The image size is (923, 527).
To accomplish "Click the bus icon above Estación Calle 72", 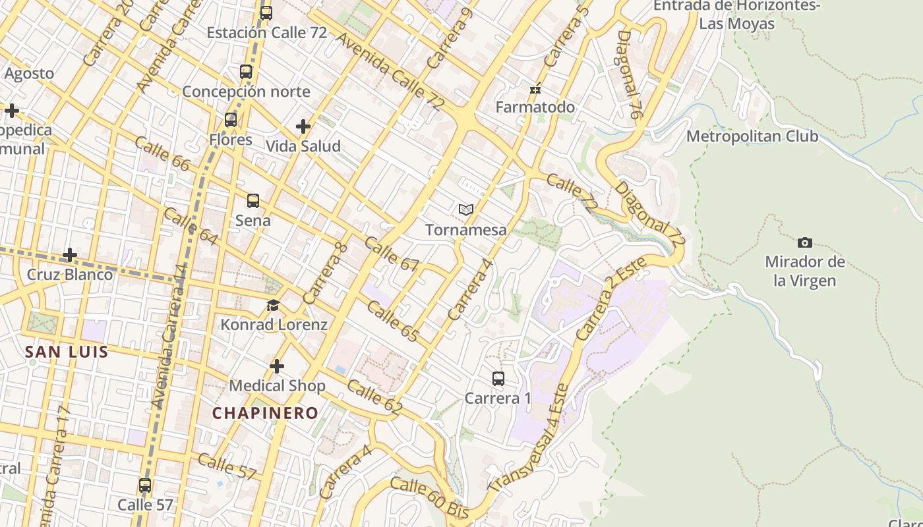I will pyautogui.click(x=266, y=13).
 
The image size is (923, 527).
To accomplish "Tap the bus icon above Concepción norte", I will pyautogui.click(x=246, y=72).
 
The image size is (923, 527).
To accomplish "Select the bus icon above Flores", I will pyautogui.click(x=231, y=120).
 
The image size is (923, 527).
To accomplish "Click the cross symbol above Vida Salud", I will pyautogui.click(x=303, y=126).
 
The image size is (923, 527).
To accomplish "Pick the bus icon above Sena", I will pyautogui.click(x=253, y=201).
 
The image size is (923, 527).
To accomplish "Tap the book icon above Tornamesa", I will pyautogui.click(x=466, y=210).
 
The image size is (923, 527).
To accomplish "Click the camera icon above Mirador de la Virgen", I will pyautogui.click(x=804, y=242).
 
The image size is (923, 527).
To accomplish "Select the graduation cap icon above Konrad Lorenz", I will pyautogui.click(x=274, y=305).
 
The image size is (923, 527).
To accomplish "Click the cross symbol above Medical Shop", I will pyautogui.click(x=277, y=366).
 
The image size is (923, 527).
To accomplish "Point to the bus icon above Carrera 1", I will pyautogui.click(x=498, y=379).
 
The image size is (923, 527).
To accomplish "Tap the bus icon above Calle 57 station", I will pyautogui.click(x=145, y=485).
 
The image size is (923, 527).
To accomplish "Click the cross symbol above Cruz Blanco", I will pyautogui.click(x=70, y=255).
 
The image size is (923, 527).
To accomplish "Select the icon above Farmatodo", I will pyautogui.click(x=535, y=88).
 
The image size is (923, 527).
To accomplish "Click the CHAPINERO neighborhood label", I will pyautogui.click(x=265, y=413).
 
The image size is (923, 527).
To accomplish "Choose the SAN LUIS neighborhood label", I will pyautogui.click(x=67, y=352).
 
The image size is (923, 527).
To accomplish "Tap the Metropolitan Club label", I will pyautogui.click(x=752, y=136).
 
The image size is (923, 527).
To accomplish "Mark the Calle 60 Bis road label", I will pyautogui.click(x=429, y=497).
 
